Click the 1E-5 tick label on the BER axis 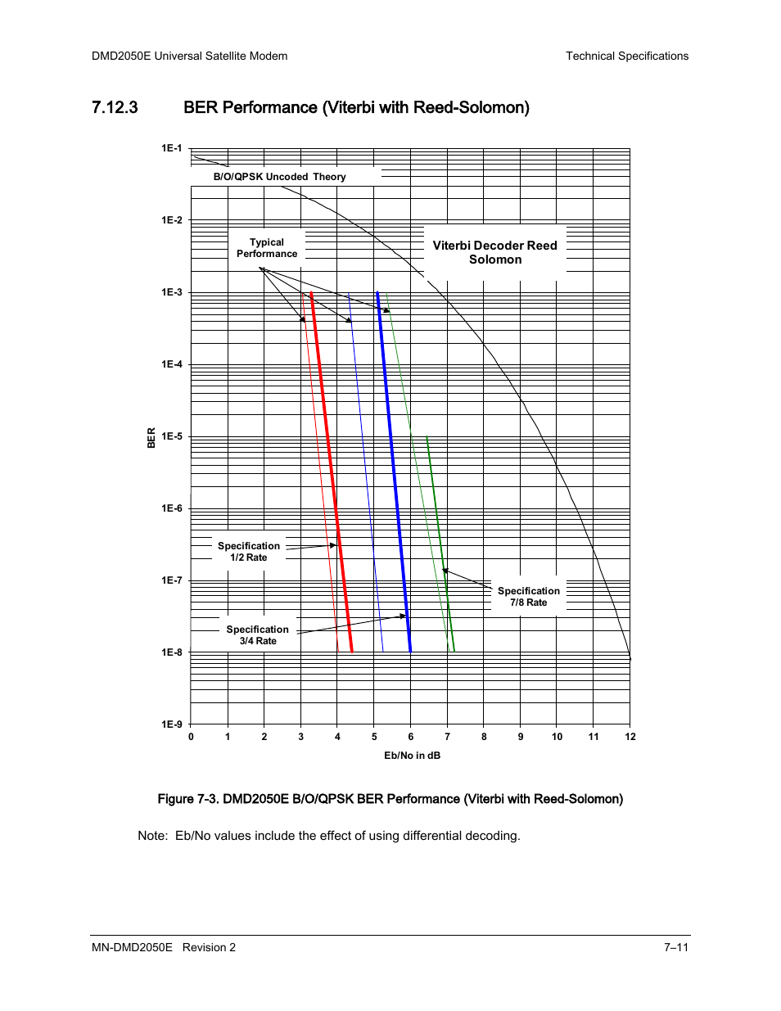coord(172,436)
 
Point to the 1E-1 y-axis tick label coord(172,148)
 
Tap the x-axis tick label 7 coord(447,737)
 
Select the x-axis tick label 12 coord(630,737)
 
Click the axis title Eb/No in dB coord(412,756)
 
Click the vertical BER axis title coord(151,438)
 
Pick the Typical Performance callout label coord(267,248)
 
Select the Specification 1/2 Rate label coord(249,551)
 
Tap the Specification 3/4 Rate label coord(258,634)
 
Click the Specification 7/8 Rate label coord(529,597)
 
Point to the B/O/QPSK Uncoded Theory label coord(279,177)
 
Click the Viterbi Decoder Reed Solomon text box coord(495,252)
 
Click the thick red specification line coord(332,472)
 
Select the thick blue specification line coord(394,472)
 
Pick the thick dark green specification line coord(440,544)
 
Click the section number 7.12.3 coord(115,107)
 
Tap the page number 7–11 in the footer coord(676,947)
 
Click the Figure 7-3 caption coord(390,799)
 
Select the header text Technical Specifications coord(627,56)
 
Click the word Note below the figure coord(152,836)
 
